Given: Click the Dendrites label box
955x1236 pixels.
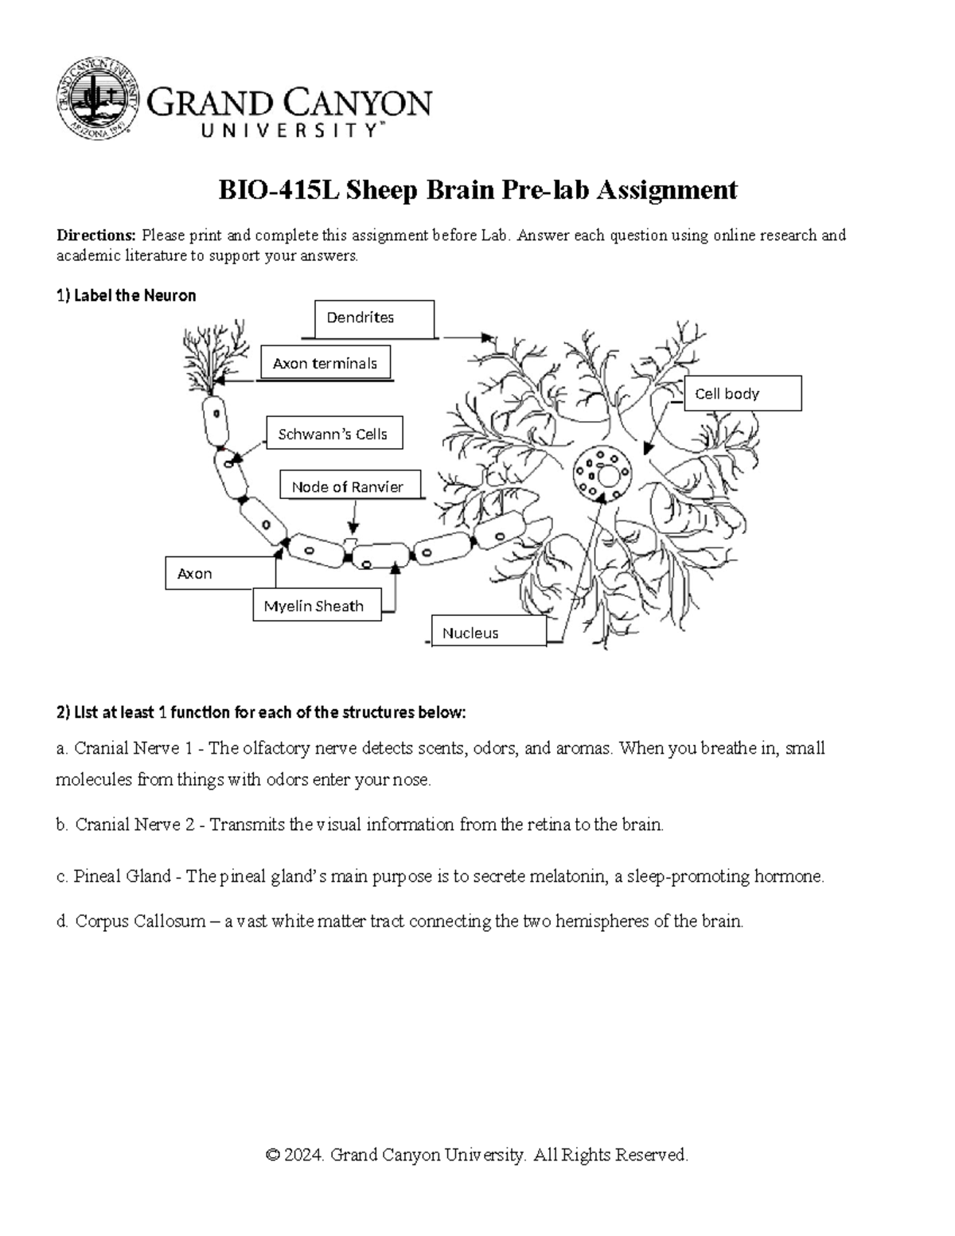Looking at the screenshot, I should [374, 318].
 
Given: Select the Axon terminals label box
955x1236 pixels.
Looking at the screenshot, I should [325, 363].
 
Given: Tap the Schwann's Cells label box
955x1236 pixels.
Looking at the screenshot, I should [333, 434].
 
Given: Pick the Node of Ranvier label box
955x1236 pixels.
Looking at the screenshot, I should [349, 485].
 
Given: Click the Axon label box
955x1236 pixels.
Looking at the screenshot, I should [220, 573].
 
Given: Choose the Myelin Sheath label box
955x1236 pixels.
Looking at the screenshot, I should [316, 606].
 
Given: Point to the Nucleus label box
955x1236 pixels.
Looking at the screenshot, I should [489, 632].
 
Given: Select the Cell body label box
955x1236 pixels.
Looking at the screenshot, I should [742, 393].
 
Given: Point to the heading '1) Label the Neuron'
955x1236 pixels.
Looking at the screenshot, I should [126, 295].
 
